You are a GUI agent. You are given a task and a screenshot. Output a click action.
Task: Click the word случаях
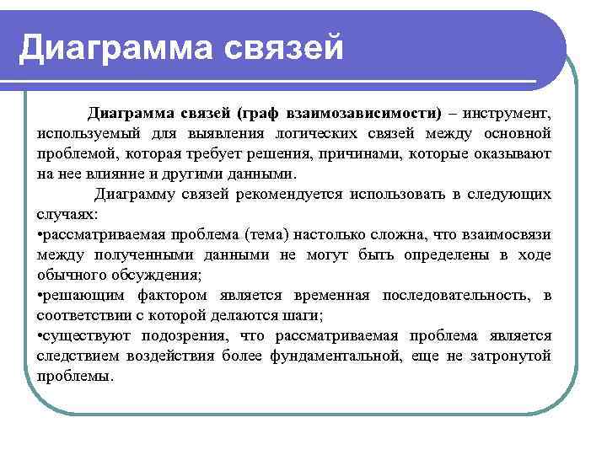tap(67, 214)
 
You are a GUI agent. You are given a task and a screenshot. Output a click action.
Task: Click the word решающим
tap(83, 295)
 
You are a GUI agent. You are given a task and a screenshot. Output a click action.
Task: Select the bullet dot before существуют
tap(40, 335)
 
